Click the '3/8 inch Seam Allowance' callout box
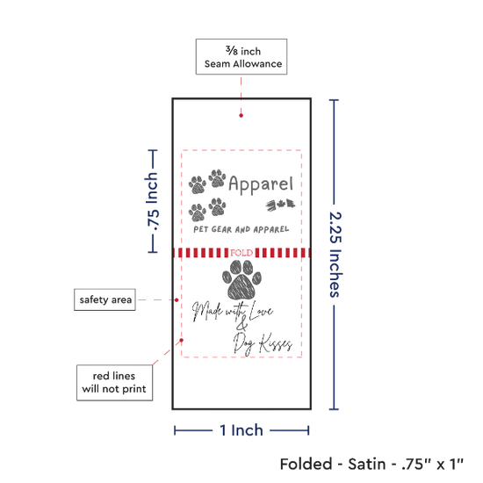[x=241, y=57]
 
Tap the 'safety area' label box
[x=105, y=299]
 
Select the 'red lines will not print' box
[x=114, y=383]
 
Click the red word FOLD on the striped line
[x=241, y=253]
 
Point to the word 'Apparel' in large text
[x=261, y=184]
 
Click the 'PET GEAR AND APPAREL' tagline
[x=241, y=229]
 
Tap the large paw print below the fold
[x=241, y=279]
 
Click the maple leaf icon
[x=280, y=204]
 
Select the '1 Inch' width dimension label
[x=241, y=430]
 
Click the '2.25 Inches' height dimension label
[x=335, y=255]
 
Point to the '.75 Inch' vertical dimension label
[x=152, y=201]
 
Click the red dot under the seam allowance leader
[x=241, y=116]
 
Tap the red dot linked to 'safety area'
[x=177, y=299]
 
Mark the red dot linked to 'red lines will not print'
[x=182, y=340]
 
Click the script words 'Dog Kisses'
[x=263, y=343]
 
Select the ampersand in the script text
[x=242, y=323]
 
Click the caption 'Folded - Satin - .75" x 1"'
[x=371, y=464]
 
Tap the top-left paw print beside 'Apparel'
[x=197, y=184]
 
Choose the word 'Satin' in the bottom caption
[x=367, y=464]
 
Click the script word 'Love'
[x=261, y=310]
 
